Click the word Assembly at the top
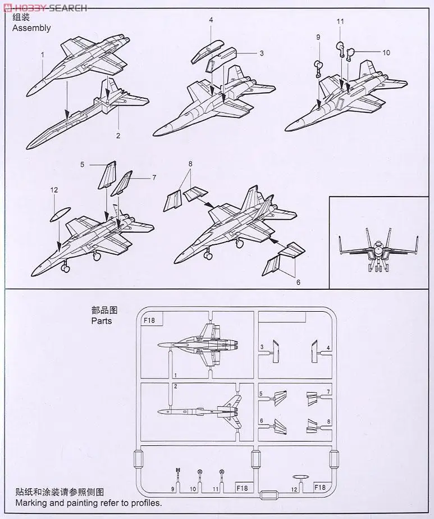coord(31,28)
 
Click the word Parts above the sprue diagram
coord(102,321)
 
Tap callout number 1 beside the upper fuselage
coord(43,54)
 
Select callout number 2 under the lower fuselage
coord(118,135)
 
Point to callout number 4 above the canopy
coord(211,20)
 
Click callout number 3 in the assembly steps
coord(262,54)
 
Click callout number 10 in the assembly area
coord(386,53)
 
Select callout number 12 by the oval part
coord(54,190)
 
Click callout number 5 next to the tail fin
coord(82,165)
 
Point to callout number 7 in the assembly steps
coord(154,177)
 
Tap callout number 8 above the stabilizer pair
coord(191,164)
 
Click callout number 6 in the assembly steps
coord(298,282)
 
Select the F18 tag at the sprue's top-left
coord(150,321)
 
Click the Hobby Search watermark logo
coord(44,7)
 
